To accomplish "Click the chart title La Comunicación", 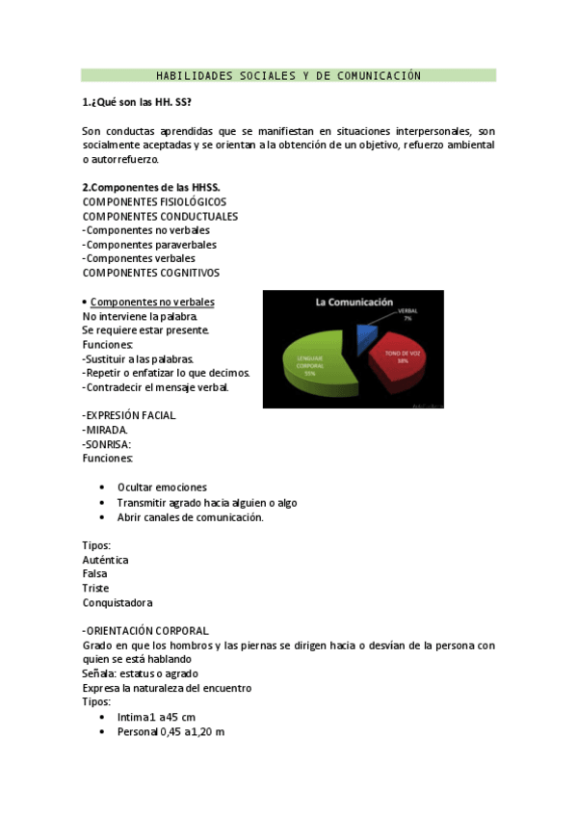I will [354, 302].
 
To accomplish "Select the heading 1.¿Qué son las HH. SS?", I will [129, 102].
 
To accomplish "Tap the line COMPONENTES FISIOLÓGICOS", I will [154, 201].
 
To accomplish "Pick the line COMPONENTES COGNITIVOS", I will [150, 273].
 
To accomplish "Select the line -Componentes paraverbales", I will [149, 245].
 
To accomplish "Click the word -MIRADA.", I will [105, 430].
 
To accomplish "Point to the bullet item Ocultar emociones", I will [162, 488].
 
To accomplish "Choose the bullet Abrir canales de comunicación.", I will [190, 517].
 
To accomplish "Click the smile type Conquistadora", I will [118, 603].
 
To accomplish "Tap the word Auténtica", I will [106, 560].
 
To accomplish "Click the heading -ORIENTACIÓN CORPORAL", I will [145, 631].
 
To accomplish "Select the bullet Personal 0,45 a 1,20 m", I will [170, 731].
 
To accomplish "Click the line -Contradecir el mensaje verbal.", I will [156, 387].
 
